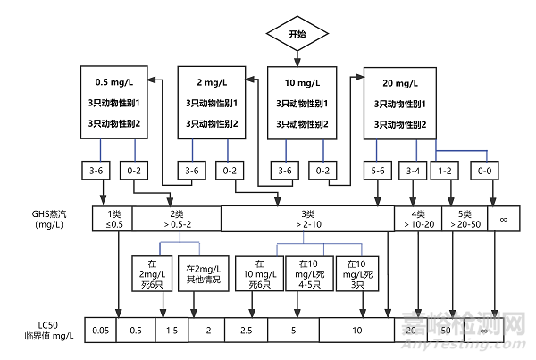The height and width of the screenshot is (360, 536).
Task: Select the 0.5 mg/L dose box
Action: point(113,102)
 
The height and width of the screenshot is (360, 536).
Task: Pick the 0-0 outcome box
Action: point(485,170)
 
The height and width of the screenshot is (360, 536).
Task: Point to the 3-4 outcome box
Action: point(414,170)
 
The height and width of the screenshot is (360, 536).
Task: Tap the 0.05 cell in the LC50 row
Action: point(100,331)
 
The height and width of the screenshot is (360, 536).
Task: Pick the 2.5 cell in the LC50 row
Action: point(247,331)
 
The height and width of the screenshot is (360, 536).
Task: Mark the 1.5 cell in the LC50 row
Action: point(171,331)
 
